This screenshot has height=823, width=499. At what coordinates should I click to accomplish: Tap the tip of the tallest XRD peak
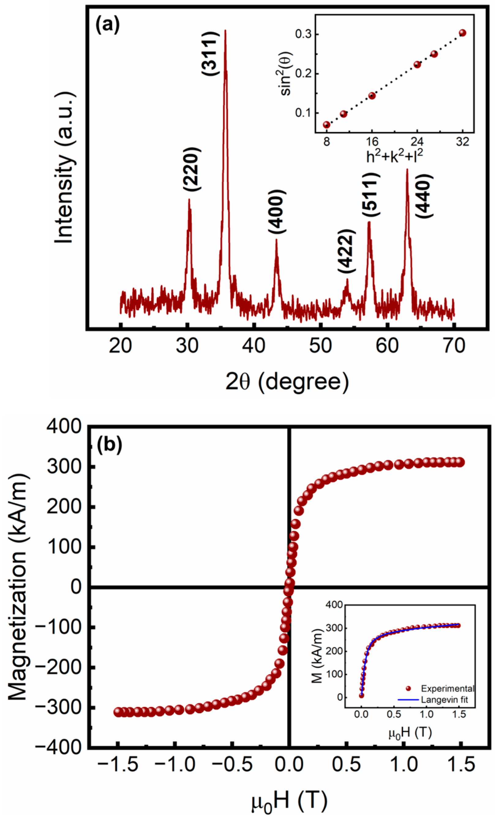point(225,31)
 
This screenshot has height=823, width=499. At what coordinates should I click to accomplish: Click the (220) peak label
point(192,169)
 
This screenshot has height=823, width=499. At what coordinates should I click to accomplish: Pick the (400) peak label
point(277,212)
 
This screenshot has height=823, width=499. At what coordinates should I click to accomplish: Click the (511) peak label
point(371,195)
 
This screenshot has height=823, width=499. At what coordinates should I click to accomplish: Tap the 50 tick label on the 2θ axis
point(321,346)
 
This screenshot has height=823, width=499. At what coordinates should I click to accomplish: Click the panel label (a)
point(107,26)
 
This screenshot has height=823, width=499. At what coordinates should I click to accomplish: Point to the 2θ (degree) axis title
point(287,382)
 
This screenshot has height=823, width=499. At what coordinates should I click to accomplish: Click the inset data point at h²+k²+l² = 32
point(462,33)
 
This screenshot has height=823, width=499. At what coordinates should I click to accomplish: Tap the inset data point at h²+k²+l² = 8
point(326,125)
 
